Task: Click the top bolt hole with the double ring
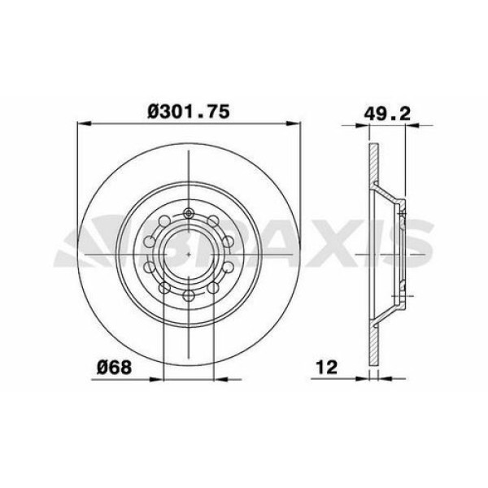coord(189,215)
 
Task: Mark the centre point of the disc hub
coord(189,255)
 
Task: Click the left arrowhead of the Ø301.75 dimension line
coord(81,124)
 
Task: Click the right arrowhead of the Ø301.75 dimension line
coord(294,124)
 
